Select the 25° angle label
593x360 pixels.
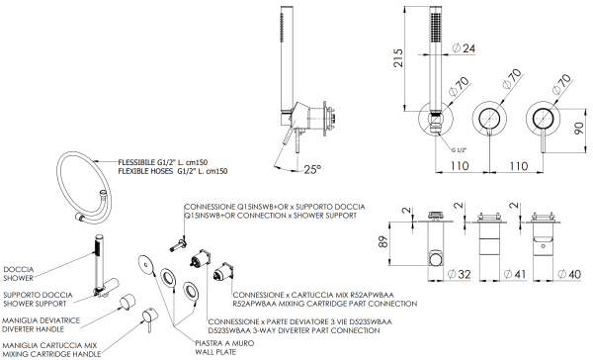[x=311, y=169]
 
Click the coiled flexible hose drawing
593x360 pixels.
[x=86, y=182]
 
